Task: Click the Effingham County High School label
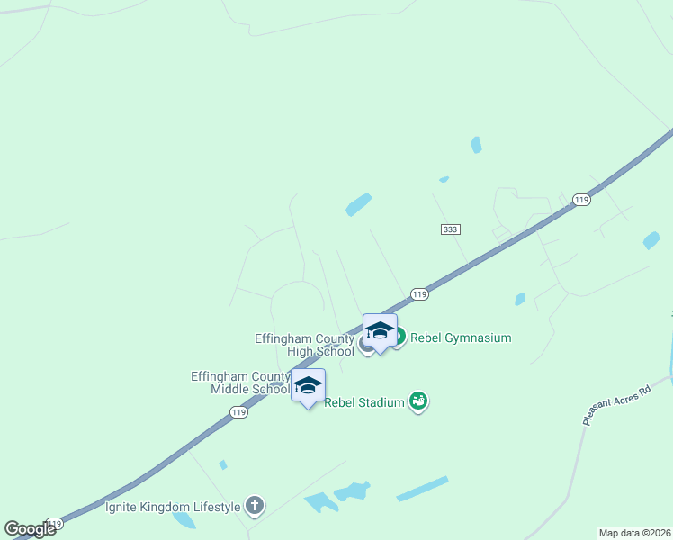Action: click(304, 345)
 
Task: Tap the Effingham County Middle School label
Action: click(239, 382)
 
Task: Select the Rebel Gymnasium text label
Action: click(461, 338)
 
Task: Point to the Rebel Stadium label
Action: click(363, 402)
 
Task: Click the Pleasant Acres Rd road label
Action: click(615, 406)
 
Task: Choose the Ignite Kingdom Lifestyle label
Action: click(173, 507)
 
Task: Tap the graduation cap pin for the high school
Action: click(380, 331)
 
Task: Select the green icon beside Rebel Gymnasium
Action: click(398, 337)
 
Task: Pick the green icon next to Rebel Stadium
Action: click(417, 400)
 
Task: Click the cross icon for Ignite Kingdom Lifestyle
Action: click(255, 506)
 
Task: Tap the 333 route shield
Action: click(451, 229)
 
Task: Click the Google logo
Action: click(29, 529)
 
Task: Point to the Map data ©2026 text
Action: click(635, 533)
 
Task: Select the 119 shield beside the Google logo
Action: click(55, 524)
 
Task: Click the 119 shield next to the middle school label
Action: click(238, 411)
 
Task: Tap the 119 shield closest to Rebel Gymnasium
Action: click(418, 293)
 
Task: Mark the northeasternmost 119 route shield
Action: click(581, 200)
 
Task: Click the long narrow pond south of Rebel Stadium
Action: click(422, 488)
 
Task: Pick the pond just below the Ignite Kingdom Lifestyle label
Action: click(184, 520)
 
